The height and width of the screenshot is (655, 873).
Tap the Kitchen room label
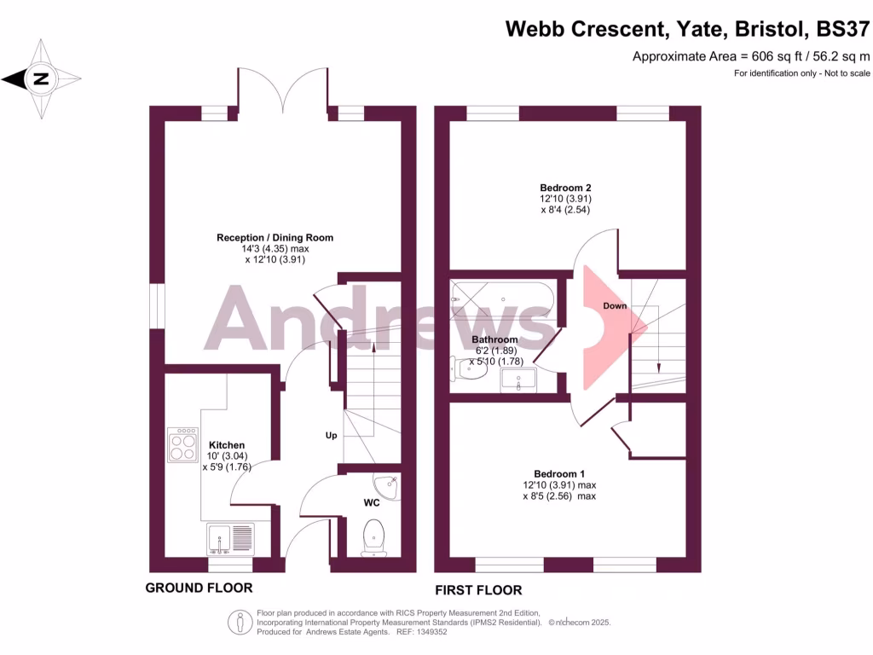pyautogui.click(x=228, y=445)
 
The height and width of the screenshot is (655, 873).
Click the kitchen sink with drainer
pyautogui.click(x=229, y=538)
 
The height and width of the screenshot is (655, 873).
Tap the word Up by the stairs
pyautogui.click(x=332, y=435)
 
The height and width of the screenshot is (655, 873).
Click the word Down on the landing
pyautogui.click(x=615, y=305)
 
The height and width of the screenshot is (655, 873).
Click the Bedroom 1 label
pyautogui.click(x=559, y=474)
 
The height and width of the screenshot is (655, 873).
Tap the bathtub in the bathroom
pyautogui.click(x=502, y=299)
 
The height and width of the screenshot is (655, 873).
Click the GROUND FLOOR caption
pyautogui.click(x=199, y=588)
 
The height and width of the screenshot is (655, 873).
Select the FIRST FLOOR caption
pyautogui.click(x=478, y=590)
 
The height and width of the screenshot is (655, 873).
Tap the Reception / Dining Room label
pyautogui.click(x=275, y=237)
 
